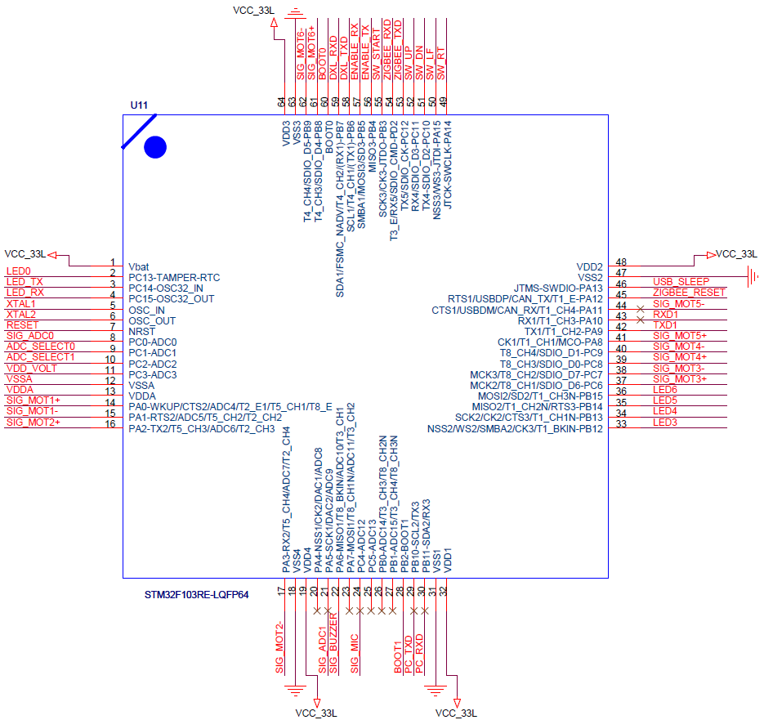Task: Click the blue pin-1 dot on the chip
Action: point(155,147)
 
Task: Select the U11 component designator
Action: point(140,106)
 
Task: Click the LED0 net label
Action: point(18,271)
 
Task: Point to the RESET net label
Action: point(22,324)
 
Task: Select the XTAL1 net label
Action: point(21,303)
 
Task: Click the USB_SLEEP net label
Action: point(681,282)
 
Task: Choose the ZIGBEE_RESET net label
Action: point(689,293)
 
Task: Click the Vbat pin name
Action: point(139,266)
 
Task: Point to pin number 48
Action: point(621,262)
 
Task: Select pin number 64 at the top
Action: point(283,101)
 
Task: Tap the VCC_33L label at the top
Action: point(252,11)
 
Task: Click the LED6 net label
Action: point(665,390)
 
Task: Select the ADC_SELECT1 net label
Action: point(41,357)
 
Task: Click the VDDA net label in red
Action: point(20,389)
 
